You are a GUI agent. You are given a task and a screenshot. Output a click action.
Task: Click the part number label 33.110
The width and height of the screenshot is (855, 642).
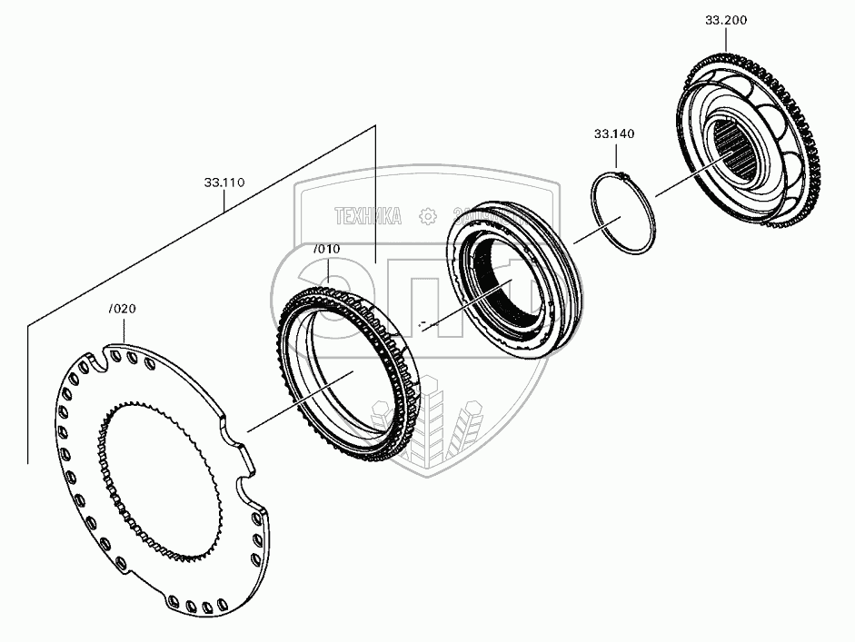[224, 183]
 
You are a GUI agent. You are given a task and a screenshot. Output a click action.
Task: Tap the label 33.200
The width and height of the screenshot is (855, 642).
[725, 20]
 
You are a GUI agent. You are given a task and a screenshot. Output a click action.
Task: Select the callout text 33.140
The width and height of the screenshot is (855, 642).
[614, 133]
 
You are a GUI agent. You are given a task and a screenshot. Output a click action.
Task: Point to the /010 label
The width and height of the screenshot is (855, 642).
[326, 249]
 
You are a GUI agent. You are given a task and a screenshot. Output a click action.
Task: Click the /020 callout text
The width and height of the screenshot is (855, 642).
[122, 309]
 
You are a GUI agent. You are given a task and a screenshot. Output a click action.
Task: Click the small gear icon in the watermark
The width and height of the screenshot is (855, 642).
[426, 216]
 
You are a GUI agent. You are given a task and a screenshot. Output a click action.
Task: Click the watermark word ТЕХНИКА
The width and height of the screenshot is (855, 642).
[369, 216]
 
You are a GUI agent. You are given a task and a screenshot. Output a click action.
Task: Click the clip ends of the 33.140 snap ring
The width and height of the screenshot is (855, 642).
[621, 173]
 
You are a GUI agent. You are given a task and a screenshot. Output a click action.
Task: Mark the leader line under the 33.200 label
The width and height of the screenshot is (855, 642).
[725, 40]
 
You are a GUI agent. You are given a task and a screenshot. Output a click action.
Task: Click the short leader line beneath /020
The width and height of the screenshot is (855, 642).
[123, 329]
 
